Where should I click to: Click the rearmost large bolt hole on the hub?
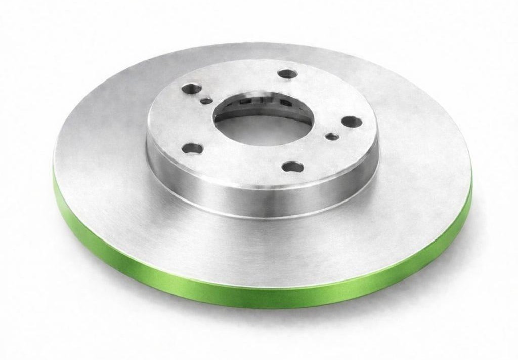tap(288, 74)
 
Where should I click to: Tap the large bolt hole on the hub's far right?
tap(349, 122)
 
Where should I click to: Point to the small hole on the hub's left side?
tap(206, 101)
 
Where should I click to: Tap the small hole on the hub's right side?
tap(332, 136)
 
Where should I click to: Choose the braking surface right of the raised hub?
tap(420, 152)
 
